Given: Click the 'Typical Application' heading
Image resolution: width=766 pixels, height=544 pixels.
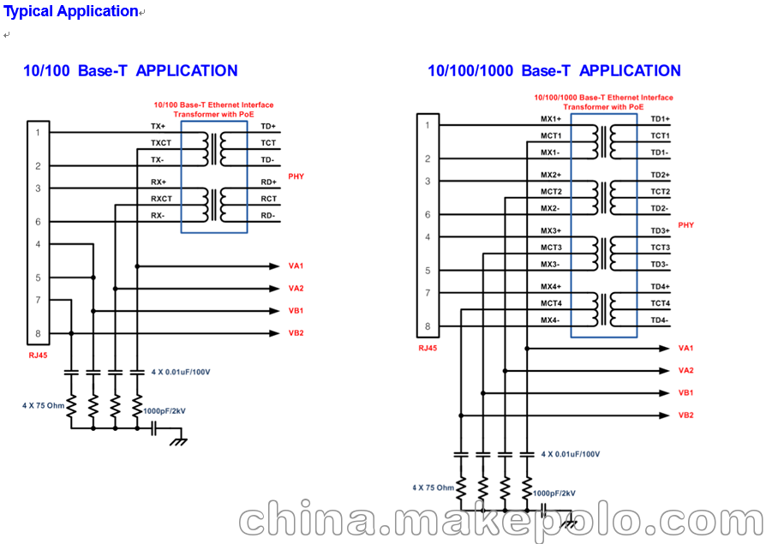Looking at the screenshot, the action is (x=71, y=11).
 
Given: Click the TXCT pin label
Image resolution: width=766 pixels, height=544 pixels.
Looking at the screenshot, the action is (x=161, y=143).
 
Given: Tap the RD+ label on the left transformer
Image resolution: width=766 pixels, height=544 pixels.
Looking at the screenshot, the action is (x=268, y=182).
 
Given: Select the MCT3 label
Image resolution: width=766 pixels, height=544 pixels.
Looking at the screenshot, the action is (x=551, y=248).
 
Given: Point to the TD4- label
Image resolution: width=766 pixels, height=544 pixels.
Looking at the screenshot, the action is (x=660, y=320).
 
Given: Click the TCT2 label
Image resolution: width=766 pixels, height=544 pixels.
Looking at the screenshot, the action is (x=660, y=192).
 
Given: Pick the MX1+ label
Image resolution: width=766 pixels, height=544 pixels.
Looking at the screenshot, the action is (x=551, y=119).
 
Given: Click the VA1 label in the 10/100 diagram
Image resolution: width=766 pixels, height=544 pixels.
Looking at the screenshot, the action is (x=296, y=266).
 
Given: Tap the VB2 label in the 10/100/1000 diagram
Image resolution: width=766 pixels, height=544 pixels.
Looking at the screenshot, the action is (x=685, y=415).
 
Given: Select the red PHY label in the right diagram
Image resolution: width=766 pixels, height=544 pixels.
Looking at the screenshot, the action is (x=685, y=225).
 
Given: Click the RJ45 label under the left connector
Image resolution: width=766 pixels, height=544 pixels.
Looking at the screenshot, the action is (x=38, y=356).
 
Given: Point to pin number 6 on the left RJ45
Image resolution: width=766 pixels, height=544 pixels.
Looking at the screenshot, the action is (x=38, y=222).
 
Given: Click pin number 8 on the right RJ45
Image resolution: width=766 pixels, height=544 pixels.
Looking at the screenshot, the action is (x=428, y=326).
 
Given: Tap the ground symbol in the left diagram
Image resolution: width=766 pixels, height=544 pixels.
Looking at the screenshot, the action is (x=178, y=441).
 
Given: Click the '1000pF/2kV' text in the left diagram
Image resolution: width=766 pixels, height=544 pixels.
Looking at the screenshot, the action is (x=165, y=411).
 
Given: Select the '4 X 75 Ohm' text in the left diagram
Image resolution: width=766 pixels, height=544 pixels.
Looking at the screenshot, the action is (x=43, y=405).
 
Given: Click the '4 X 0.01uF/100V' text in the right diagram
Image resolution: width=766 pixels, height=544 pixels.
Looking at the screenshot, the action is (x=570, y=454).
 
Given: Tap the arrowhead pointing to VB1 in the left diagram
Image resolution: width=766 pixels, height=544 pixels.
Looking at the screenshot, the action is (x=274, y=311).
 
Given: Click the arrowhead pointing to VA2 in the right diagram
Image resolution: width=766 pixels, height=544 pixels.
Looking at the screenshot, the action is (x=664, y=371).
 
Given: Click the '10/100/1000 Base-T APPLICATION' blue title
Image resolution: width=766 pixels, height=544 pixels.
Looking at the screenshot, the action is (x=554, y=71).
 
